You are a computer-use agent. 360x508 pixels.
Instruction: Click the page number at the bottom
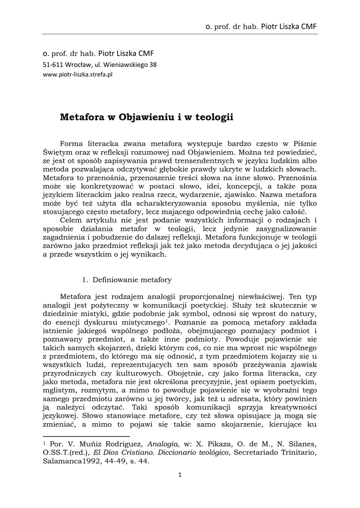point(180,474)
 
